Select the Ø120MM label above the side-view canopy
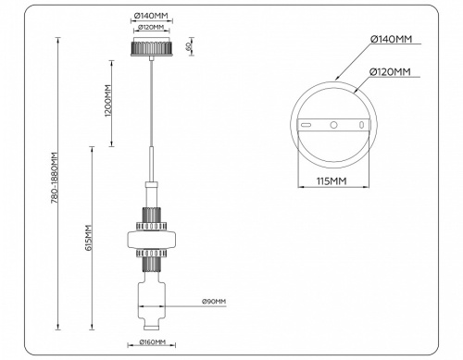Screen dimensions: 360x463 (x=151, y=28)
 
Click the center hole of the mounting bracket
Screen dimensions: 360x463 (x=332, y=124)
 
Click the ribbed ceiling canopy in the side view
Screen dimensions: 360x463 (x=151, y=47)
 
